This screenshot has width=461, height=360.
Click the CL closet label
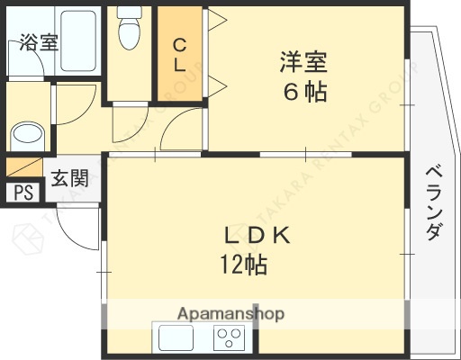click(x=179, y=55)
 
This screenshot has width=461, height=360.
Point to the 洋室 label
click(x=303, y=64)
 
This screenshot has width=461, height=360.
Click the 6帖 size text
click(x=303, y=91)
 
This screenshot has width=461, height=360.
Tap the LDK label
click(x=256, y=237)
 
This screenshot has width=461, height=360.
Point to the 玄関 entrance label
click(x=69, y=177)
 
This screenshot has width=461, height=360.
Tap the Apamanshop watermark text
click(x=231, y=314)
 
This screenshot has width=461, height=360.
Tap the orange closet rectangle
click(x=179, y=56)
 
